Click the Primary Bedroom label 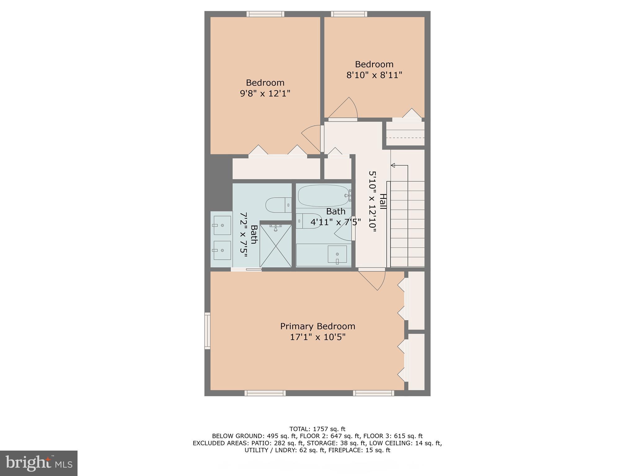click(x=317, y=326)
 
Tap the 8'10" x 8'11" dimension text click(x=374, y=75)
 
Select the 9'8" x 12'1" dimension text click(x=265, y=93)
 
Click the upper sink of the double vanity click(x=222, y=226)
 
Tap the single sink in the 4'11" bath click(x=337, y=254)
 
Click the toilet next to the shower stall click(x=278, y=205)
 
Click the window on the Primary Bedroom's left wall click(x=207, y=331)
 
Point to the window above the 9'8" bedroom click(x=265, y=14)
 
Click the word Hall click(x=383, y=201)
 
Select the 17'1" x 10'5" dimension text click(x=317, y=337)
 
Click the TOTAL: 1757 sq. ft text click(x=317, y=429)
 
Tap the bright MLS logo click(x=39, y=463)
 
